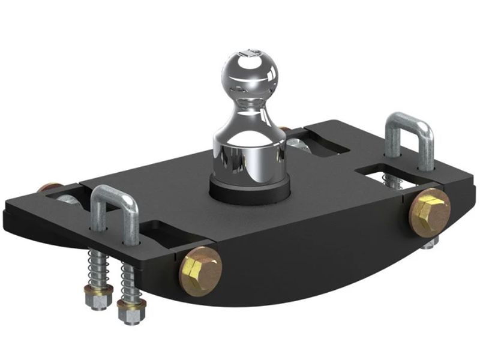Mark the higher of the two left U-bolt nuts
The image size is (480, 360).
tap(98, 298)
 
